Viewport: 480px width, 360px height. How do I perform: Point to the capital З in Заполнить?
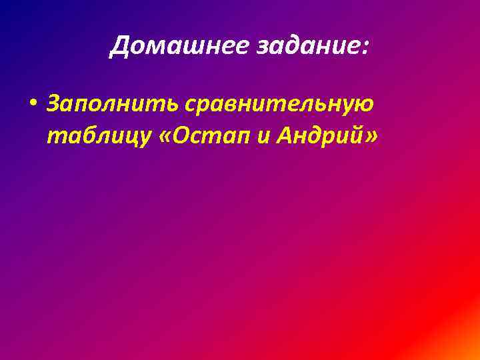[53, 105]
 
